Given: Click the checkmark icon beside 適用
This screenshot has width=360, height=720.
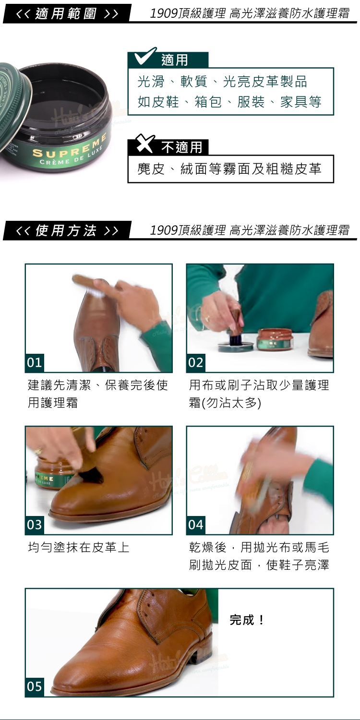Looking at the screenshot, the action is coord(145,56).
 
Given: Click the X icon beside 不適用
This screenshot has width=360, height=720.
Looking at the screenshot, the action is coord(145,144).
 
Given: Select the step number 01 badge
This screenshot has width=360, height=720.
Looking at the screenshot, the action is coord(35,362).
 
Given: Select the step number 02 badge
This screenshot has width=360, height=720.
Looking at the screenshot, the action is coord(196,362).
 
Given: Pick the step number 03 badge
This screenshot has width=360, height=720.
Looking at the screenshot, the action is coord(35,525).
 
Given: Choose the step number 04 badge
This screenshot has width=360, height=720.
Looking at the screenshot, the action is coord(196,525).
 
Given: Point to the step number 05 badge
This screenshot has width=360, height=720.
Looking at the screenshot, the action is coord(35,687).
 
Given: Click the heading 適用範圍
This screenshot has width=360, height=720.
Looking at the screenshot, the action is coord(66,13).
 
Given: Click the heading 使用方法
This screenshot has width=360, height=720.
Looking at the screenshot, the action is coord(66,230).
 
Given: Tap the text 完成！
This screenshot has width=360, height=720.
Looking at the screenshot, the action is coord(247,620).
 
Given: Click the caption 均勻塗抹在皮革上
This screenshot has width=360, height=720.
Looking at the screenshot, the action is coord(78,547).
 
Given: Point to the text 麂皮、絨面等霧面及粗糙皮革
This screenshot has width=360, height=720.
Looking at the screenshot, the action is coord(229,169).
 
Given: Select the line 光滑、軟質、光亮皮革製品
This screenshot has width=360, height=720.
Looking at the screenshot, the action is coord(222,81).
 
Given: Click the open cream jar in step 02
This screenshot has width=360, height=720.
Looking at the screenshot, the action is coord(275,339).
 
